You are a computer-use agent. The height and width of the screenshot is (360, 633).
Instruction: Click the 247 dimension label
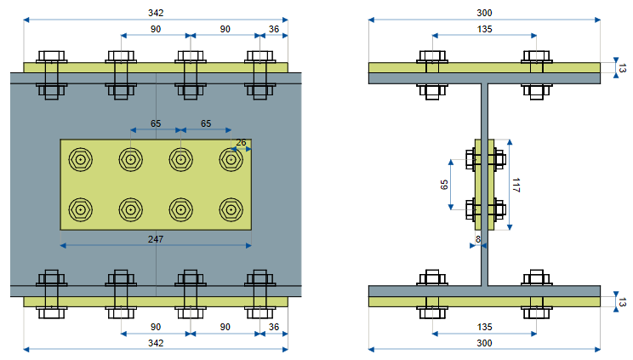point(156,239)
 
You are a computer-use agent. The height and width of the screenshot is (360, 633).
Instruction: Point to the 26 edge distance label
point(241,143)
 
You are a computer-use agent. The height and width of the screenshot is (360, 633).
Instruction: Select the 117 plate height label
point(516,185)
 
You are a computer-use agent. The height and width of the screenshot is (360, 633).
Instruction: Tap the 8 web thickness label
point(478,239)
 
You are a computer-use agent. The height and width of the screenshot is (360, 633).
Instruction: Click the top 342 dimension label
point(156,13)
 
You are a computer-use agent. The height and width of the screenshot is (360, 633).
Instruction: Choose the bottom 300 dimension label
point(484,343)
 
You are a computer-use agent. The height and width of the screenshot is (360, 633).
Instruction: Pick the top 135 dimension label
point(484,29)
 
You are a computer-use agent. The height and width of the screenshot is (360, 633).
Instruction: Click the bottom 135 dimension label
point(484,327)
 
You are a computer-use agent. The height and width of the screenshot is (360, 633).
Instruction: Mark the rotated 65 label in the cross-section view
point(444,185)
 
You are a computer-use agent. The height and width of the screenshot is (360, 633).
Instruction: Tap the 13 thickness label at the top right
point(623,68)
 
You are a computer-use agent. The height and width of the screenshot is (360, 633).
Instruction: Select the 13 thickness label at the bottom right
point(623,302)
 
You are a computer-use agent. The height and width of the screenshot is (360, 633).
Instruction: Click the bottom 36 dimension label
point(274,327)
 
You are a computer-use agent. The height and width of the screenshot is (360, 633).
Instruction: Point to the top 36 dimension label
point(274,29)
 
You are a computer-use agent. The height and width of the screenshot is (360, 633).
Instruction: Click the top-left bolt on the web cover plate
point(81,160)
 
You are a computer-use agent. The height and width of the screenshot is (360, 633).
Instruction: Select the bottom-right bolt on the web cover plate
point(231,210)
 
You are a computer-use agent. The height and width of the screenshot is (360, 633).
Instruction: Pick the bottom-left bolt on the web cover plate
point(81,210)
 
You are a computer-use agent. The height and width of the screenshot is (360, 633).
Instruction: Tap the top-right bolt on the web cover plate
point(231,160)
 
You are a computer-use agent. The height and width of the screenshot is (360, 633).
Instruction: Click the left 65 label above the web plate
point(156,123)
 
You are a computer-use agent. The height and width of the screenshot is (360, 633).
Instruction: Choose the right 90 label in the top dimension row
point(225,29)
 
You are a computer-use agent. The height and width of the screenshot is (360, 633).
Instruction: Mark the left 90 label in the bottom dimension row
point(156,327)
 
